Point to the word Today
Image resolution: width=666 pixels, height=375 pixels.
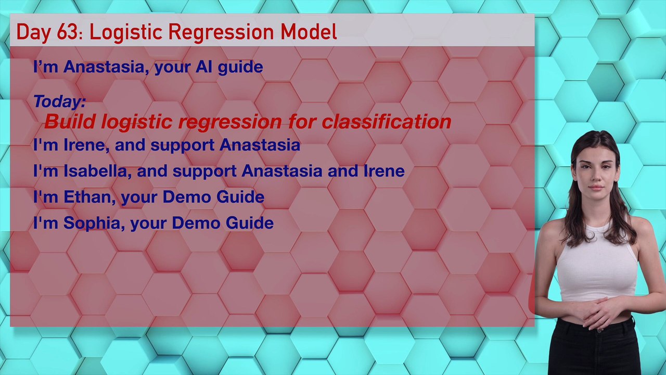(59, 101)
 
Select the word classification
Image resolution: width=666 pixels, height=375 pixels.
(387, 121)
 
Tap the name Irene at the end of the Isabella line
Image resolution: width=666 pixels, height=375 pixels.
(384, 171)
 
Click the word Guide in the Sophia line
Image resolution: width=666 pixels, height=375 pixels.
(250, 223)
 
